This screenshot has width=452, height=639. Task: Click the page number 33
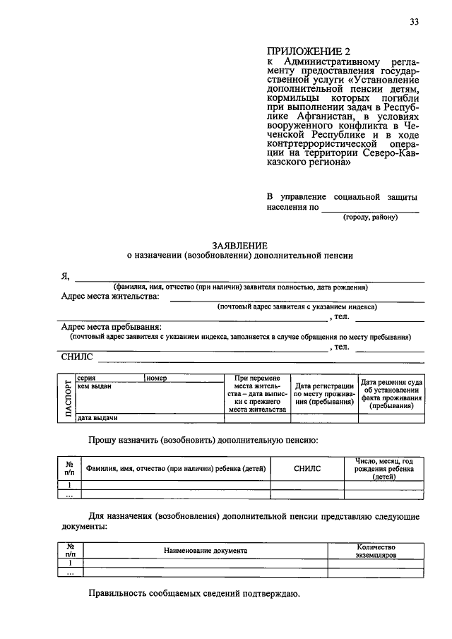coord(415,22)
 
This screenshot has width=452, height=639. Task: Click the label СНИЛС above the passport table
coord(77,358)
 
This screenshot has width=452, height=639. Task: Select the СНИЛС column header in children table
coord(307,468)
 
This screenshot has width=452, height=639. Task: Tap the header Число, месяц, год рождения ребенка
coord(384,468)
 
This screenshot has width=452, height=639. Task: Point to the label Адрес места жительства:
coord(110,297)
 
